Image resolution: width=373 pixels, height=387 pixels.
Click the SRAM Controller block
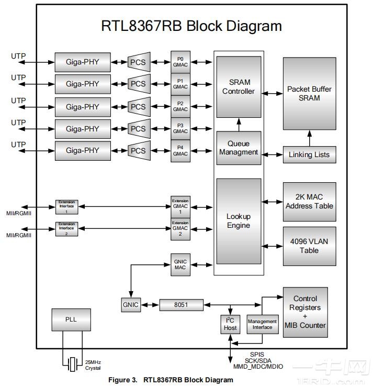(x=239, y=87)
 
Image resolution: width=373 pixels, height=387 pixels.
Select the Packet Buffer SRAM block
(x=309, y=94)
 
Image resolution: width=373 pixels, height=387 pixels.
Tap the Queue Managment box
(x=239, y=148)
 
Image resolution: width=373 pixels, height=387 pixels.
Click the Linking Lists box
(x=309, y=154)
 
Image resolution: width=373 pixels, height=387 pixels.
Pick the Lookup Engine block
(x=239, y=221)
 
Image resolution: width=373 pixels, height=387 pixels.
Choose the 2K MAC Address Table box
(x=309, y=202)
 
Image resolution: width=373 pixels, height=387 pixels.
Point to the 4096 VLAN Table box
(x=309, y=246)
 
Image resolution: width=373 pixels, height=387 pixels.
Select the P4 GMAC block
(x=180, y=151)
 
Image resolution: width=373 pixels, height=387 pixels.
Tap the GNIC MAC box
(x=180, y=264)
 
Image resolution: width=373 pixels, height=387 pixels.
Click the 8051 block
(x=181, y=305)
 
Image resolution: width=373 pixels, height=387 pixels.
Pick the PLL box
(x=71, y=319)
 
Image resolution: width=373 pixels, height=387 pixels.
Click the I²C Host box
(x=230, y=324)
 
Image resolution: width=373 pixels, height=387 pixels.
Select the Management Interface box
(x=263, y=324)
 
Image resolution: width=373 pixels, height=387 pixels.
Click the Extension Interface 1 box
(x=66, y=206)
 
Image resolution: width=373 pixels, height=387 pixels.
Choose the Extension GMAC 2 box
(x=180, y=229)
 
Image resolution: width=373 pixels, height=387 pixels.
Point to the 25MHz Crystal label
(x=93, y=364)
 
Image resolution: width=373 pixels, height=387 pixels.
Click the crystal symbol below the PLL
(x=73, y=363)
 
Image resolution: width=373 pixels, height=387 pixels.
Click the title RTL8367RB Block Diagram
(x=191, y=26)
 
